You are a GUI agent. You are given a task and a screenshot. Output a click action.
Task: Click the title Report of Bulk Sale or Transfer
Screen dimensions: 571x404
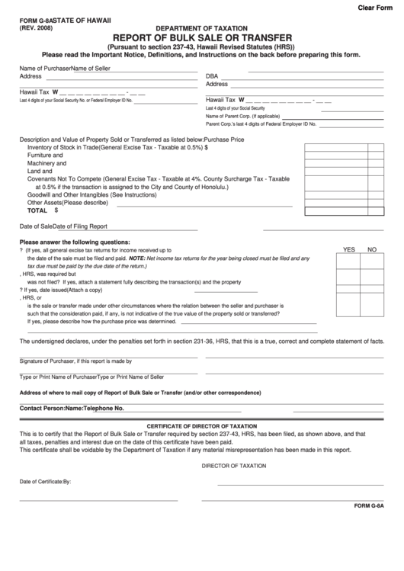click(201, 36)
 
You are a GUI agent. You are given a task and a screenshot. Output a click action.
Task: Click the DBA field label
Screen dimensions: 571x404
click(212, 76)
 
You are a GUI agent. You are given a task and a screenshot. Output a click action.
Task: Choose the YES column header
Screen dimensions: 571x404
click(349, 249)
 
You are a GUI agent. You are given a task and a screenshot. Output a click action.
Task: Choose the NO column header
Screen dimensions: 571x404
click(372, 249)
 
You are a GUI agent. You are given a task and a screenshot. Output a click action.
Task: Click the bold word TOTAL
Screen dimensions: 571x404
click(37, 210)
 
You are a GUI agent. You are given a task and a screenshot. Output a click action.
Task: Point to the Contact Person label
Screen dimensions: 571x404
click(42, 409)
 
